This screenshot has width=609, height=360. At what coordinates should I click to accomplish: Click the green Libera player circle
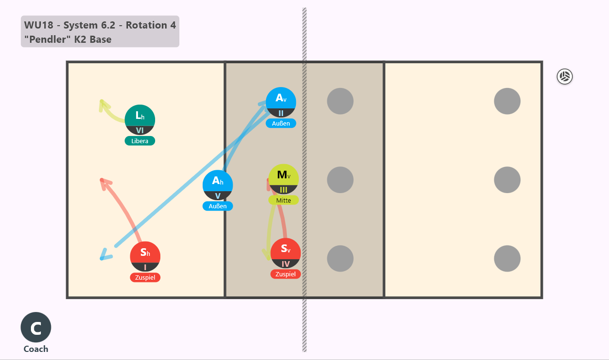pyautogui.click(x=140, y=120)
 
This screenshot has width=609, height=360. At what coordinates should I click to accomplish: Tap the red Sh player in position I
pyautogui.click(x=145, y=256)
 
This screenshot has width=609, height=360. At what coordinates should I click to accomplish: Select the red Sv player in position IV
pyautogui.click(x=285, y=253)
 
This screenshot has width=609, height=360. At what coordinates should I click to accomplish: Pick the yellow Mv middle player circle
pyautogui.click(x=284, y=179)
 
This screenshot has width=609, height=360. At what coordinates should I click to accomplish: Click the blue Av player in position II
pyautogui.click(x=281, y=102)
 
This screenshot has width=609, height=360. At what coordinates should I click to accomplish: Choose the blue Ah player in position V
pyautogui.click(x=217, y=185)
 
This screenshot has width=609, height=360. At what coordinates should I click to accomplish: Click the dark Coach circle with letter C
pyautogui.click(x=36, y=327)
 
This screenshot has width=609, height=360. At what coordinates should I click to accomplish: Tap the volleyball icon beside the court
pyautogui.click(x=565, y=77)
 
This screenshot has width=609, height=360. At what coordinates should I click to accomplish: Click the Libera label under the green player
pyautogui.click(x=140, y=141)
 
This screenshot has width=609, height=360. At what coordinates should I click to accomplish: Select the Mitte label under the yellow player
pyautogui.click(x=284, y=201)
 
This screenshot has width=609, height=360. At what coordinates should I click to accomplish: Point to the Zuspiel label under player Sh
pyautogui.click(x=145, y=277)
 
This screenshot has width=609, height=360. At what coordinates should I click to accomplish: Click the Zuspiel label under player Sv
pyautogui.click(x=285, y=274)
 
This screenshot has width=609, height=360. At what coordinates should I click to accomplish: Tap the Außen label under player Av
pyautogui.click(x=281, y=123)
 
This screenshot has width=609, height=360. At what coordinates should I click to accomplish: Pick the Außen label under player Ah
pyautogui.click(x=217, y=206)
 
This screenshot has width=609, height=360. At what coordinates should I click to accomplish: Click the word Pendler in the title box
pyautogui.click(x=48, y=39)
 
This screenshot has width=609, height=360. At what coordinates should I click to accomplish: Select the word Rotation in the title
pyautogui.click(x=146, y=25)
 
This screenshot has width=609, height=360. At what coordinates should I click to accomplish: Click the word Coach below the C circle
pyautogui.click(x=36, y=349)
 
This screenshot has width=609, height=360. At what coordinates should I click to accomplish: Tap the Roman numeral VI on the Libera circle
pyautogui.click(x=140, y=130)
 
